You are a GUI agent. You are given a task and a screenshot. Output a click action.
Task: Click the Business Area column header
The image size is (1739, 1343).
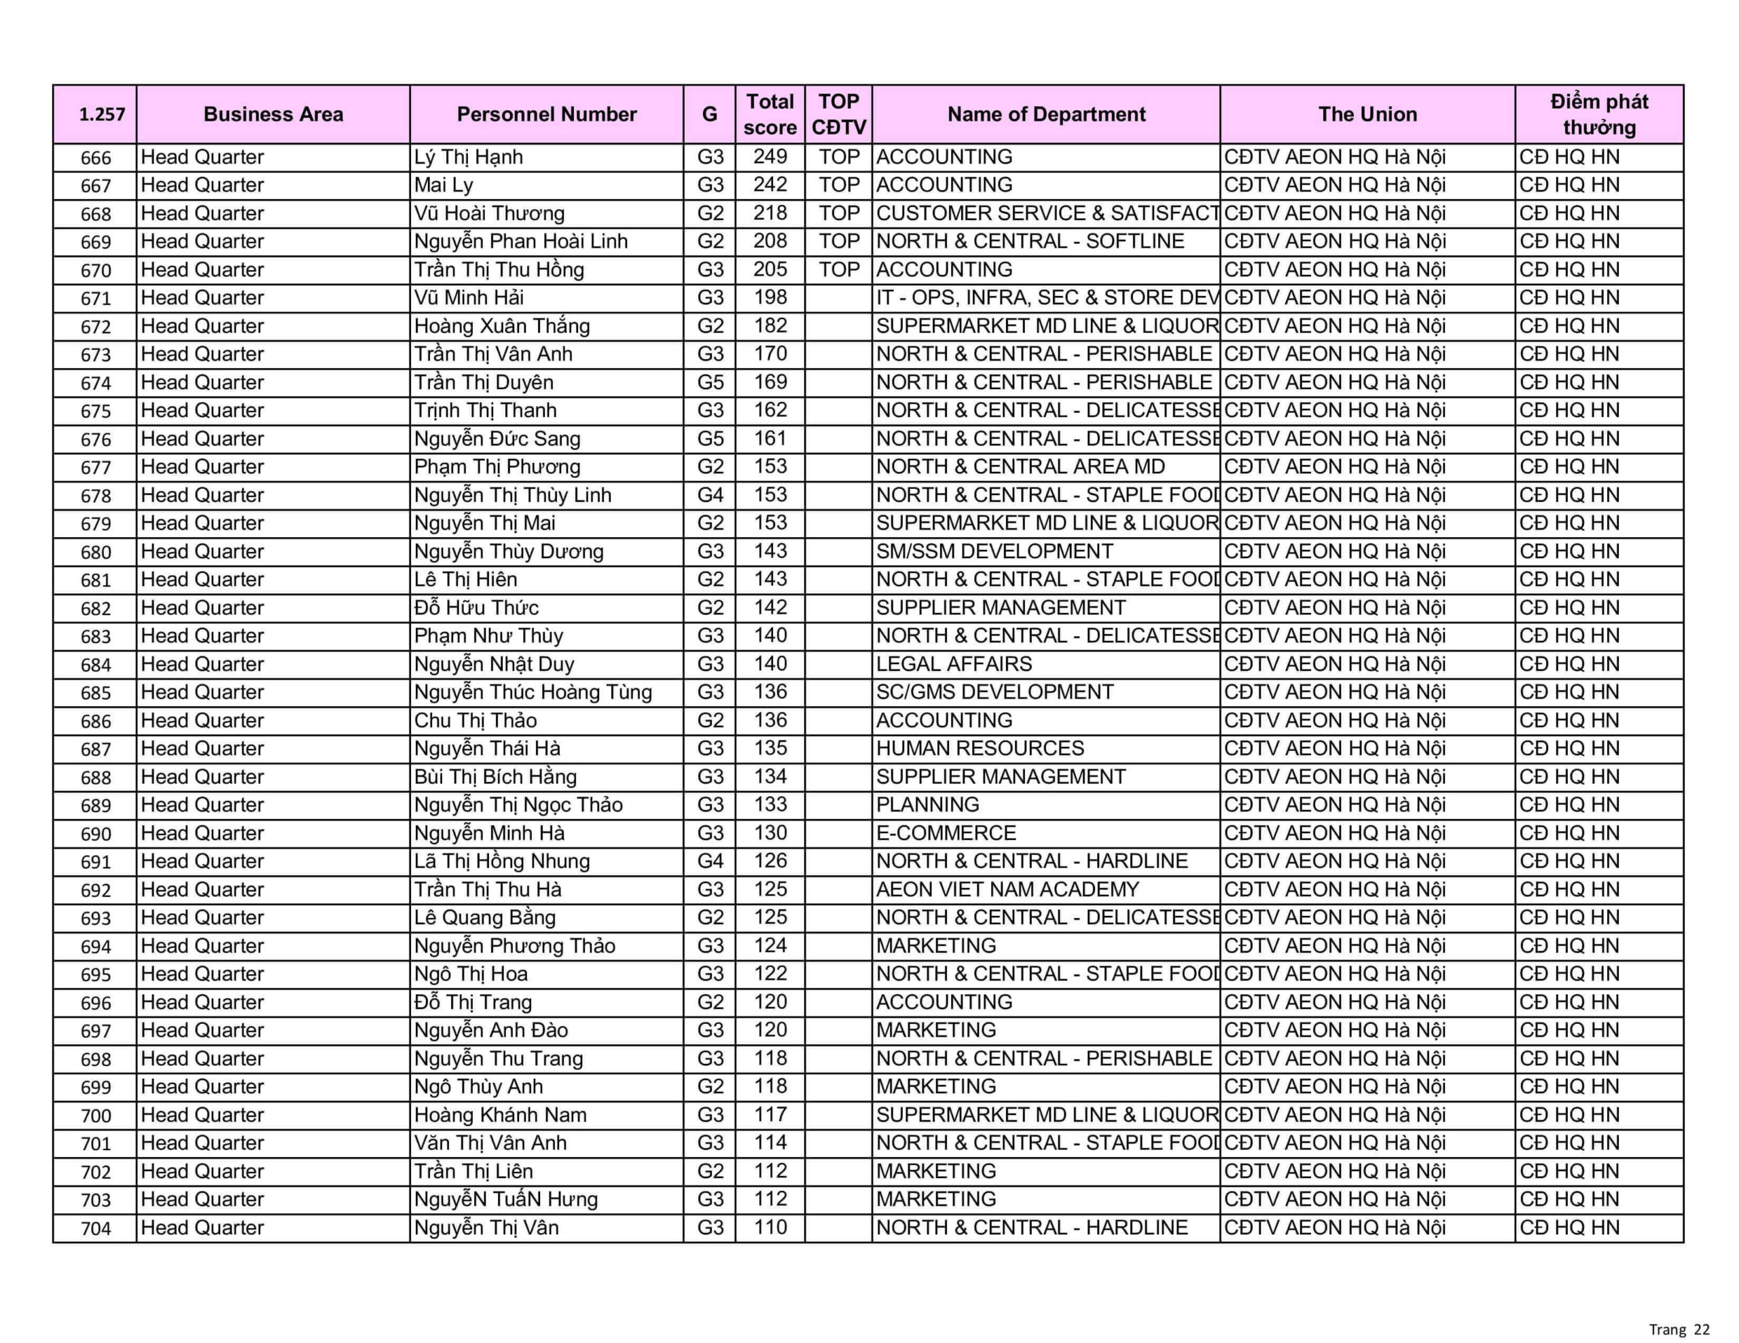[x=273, y=115]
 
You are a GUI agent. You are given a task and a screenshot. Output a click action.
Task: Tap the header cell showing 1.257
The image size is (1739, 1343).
[x=102, y=115]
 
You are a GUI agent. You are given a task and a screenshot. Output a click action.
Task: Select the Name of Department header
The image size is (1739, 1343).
[x=1045, y=115]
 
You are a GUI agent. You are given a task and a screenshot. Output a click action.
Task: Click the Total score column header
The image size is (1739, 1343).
[x=769, y=115]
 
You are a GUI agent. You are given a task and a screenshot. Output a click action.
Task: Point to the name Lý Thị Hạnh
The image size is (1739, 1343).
[x=468, y=157]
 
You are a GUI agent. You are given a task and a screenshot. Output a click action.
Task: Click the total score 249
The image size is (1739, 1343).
[x=770, y=157]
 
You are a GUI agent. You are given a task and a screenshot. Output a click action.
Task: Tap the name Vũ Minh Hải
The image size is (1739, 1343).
[x=469, y=298]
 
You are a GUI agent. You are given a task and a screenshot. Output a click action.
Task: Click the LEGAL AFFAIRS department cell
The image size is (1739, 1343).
[x=954, y=664]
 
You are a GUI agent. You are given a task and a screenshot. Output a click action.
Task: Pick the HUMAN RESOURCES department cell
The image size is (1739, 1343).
[x=980, y=748]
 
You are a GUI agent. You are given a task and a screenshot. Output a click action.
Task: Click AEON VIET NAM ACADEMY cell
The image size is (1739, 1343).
[x=1007, y=889]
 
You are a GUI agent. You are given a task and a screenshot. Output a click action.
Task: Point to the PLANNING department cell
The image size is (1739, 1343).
[x=928, y=805]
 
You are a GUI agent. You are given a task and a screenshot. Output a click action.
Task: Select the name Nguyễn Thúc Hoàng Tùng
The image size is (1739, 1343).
[x=533, y=692]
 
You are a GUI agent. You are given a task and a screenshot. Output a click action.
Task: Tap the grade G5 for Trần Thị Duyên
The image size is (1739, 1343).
[x=711, y=382]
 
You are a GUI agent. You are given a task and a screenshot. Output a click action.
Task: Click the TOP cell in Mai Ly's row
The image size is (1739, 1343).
[x=838, y=185]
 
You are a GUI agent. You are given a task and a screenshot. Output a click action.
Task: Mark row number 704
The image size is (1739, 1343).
[x=96, y=1228]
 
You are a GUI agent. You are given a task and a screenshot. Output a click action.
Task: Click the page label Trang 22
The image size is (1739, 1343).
[x=1679, y=1329]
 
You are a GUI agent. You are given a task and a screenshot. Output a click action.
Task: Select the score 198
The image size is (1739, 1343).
[x=770, y=298]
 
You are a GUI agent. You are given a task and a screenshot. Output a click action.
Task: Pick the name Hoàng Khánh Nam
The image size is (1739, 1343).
[x=500, y=1114]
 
